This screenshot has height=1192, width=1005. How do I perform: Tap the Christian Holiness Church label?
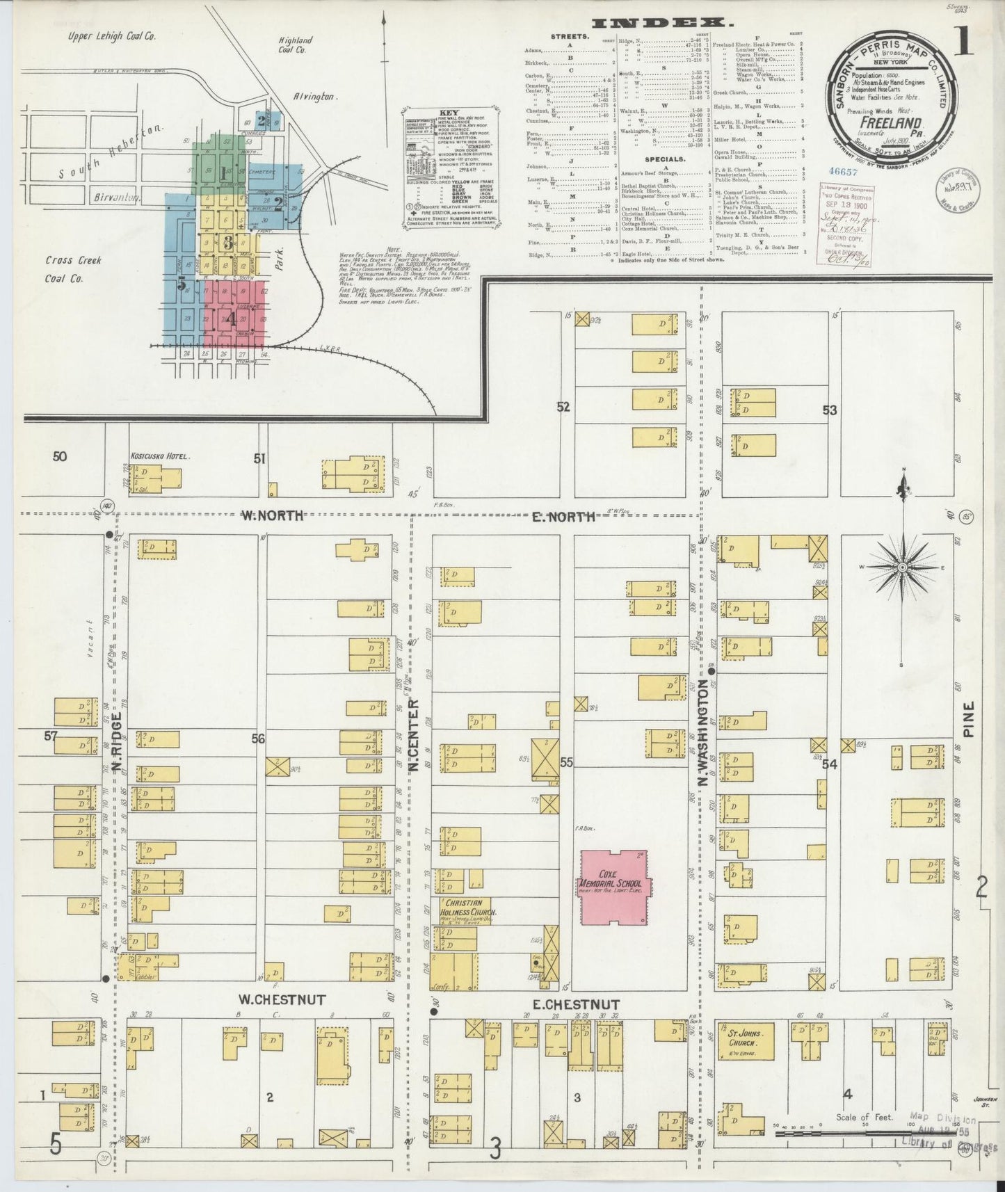pyautogui.click(x=466, y=907)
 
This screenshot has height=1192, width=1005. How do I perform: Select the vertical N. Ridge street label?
pyautogui.click(x=117, y=741)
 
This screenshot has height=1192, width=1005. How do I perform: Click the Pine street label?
pyautogui.click(x=970, y=719)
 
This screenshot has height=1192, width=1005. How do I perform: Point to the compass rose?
pyautogui.click(x=902, y=568)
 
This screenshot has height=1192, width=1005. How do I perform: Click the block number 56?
pyautogui.click(x=258, y=739)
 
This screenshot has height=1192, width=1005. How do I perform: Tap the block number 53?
pyautogui.click(x=829, y=410)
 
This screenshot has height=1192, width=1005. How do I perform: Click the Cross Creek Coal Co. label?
pyautogui.click(x=74, y=269)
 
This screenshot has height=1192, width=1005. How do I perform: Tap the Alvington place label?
pyautogui.click(x=315, y=98)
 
